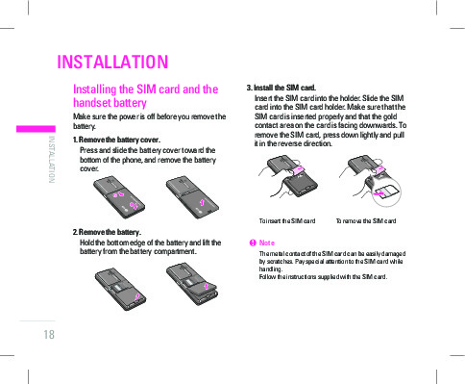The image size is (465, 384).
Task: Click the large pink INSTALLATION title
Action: coord(112,62)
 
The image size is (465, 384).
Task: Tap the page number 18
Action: coord(49,335)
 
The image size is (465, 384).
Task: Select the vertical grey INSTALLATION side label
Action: coord(51,160)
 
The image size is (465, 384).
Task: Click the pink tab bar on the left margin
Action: coord(36,129)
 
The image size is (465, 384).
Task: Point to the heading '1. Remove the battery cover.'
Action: coord(116,140)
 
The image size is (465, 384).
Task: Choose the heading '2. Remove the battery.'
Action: coord(107,232)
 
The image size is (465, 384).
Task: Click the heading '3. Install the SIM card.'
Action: coord(281,88)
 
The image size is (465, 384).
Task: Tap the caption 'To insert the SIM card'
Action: coord(287,221)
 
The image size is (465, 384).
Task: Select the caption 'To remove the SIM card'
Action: coord(366,221)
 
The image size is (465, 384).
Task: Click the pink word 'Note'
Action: coord(267,243)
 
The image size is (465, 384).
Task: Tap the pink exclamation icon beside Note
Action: coord(253,243)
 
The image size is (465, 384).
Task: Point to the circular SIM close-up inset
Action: coord(386,192)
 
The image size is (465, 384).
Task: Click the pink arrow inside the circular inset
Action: coord(379,193)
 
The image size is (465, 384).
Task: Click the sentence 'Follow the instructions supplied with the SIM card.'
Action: coord(323,277)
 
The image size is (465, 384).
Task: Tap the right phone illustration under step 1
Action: coord(192,197)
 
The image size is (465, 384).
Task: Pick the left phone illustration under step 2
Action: coord(120,289)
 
